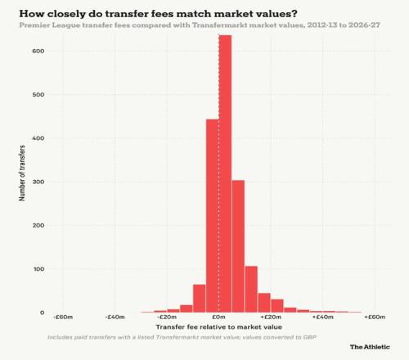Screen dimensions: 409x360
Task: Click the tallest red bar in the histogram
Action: [x=225, y=173]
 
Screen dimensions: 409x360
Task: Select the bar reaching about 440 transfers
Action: [x=213, y=216]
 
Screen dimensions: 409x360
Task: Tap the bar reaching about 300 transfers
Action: [x=238, y=246]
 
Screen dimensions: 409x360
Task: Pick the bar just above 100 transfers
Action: [x=251, y=290]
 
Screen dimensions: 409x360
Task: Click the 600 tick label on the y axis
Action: [x=38, y=51]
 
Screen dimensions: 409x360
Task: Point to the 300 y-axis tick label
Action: [x=38, y=182]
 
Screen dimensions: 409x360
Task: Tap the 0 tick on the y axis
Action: [x=42, y=313]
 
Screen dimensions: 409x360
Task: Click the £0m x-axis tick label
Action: [x=218, y=317]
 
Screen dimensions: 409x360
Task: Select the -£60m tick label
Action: [x=63, y=317]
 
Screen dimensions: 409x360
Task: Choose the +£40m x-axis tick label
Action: [x=323, y=317]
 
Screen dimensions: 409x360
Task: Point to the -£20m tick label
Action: [x=167, y=317]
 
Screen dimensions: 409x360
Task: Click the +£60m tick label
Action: [x=375, y=317]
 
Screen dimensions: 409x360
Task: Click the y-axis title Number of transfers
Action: [x=22, y=173]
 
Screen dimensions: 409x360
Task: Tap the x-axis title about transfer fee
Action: [x=218, y=327]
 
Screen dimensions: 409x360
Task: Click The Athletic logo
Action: [x=370, y=347]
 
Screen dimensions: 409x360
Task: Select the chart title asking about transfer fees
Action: [x=158, y=14]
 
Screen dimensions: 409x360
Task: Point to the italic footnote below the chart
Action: [x=182, y=337]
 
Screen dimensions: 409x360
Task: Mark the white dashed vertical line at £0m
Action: [x=219, y=173]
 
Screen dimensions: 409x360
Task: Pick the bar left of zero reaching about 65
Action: [x=200, y=299]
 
